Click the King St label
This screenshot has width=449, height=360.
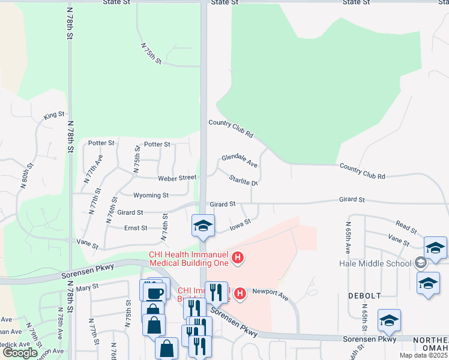click(54, 115)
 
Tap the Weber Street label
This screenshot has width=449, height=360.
click(177, 178)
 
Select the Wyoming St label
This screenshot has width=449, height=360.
click(151, 195)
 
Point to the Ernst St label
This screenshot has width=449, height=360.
click(136, 228)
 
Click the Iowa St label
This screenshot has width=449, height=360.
click(240, 226)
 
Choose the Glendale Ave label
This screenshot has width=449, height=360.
click(240, 160)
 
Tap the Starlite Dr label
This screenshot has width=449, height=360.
click(243, 179)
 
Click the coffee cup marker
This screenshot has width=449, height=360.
click(155, 292)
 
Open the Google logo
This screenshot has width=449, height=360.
click(20, 353)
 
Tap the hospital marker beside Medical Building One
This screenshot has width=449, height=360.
click(238, 259)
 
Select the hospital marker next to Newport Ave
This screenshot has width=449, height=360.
click(240, 293)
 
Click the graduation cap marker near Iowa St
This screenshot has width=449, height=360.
click(203, 226)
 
